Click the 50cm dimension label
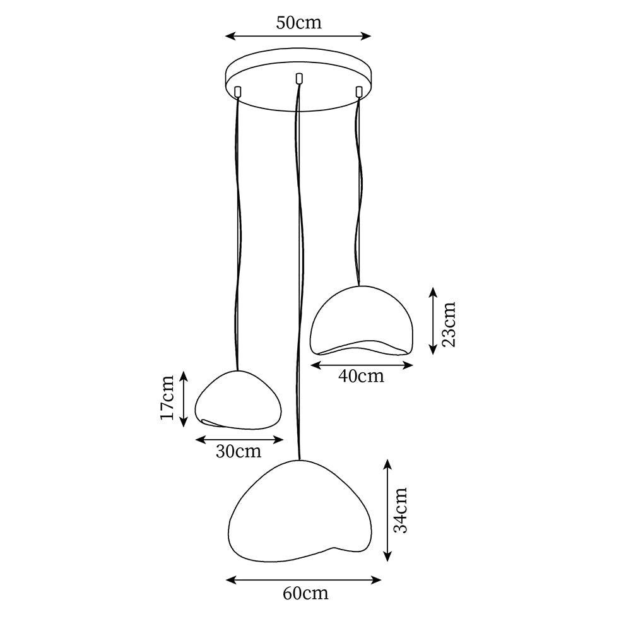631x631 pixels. click(x=298, y=23)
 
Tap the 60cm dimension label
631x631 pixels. click(x=305, y=593)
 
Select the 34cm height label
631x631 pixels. click(x=401, y=510)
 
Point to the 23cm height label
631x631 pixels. click(x=448, y=324)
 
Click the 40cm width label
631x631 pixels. click(x=361, y=376)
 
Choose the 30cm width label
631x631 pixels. click(x=239, y=452)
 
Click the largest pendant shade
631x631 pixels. click(x=300, y=511)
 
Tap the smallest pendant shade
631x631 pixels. click(x=238, y=399)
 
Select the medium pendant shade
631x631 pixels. click(x=361, y=321)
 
